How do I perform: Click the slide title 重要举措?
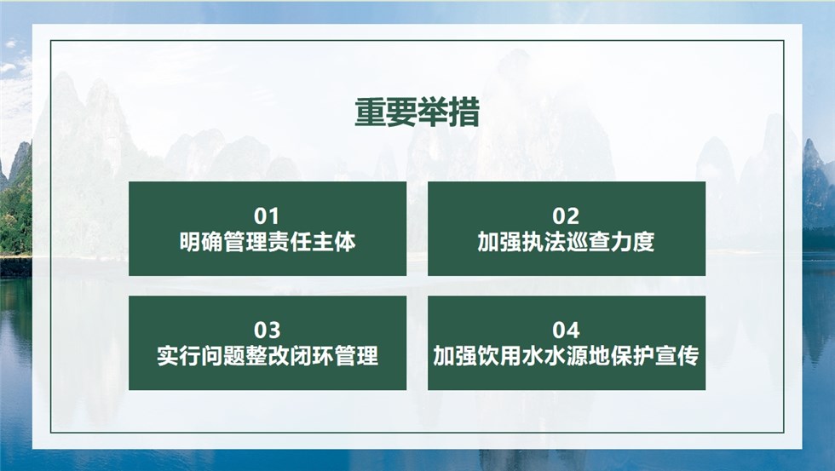pos(417,112)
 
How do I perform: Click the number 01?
pos(267,216)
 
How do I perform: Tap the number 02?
pos(566,216)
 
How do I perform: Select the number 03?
pos(267,330)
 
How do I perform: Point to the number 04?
pos(566,330)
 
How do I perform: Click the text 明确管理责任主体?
pos(268,242)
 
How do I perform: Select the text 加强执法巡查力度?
pos(566,242)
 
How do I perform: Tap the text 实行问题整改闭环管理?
pos(268,356)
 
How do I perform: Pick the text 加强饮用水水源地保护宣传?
pos(566,356)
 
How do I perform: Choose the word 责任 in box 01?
pos(289,242)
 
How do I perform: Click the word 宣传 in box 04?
pos(677,356)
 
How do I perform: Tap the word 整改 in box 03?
pos(268,356)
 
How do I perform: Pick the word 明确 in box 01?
pos(201,242)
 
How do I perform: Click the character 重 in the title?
pos(370,112)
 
